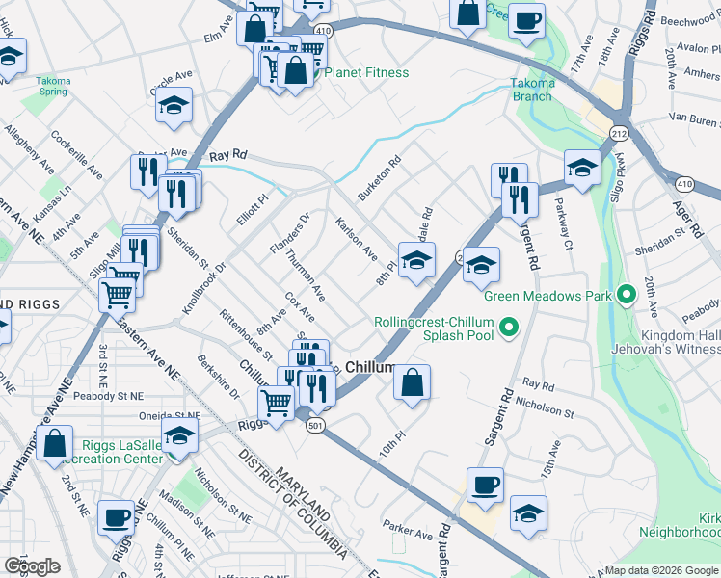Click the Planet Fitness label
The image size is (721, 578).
(x=366, y=72)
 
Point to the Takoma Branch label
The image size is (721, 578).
(x=532, y=90)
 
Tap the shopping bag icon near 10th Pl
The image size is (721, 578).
(x=412, y=382)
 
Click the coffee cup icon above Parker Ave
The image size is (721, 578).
(x=485, y=485)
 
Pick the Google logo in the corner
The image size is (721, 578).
(x=32, y=566)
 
